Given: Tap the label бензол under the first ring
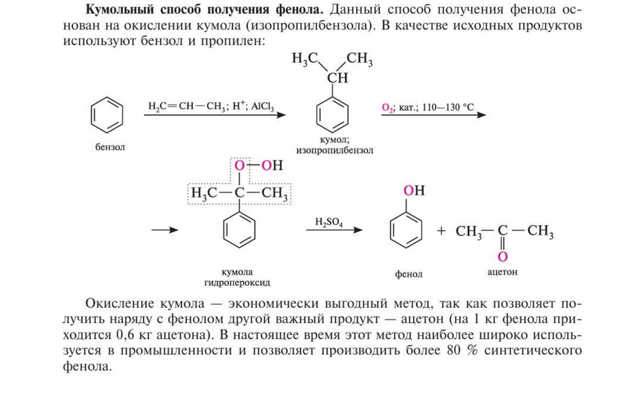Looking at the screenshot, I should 109,147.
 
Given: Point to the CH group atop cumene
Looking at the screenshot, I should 336,78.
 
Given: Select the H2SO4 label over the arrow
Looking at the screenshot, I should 329,221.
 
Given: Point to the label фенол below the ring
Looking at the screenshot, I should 409,274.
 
